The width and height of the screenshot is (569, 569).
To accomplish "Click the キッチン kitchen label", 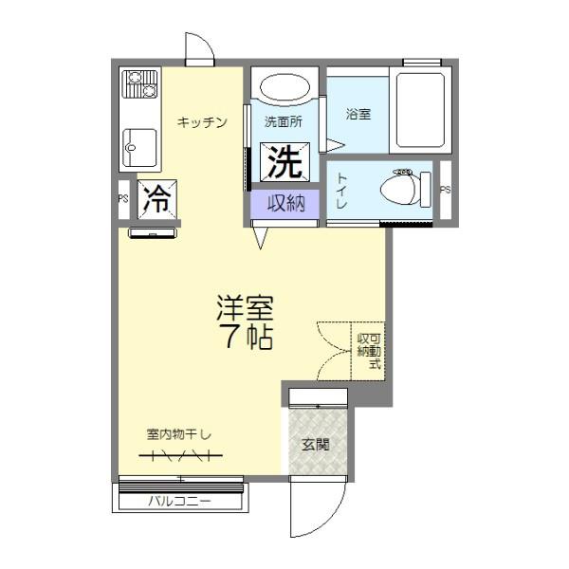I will (202, 121).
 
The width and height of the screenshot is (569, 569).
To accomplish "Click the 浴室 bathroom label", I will (358, 113).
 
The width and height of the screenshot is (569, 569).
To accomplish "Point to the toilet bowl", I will (403, 190).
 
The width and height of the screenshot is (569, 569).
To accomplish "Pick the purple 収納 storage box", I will (284, 204).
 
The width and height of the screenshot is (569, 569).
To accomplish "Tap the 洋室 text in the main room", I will (246, 309).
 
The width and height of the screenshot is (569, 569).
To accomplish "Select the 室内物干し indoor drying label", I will (179, 433).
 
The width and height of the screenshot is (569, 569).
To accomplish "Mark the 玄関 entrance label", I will (316, 443).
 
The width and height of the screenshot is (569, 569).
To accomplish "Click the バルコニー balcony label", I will (179, 501).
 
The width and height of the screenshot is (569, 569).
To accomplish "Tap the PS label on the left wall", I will (122, 199).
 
